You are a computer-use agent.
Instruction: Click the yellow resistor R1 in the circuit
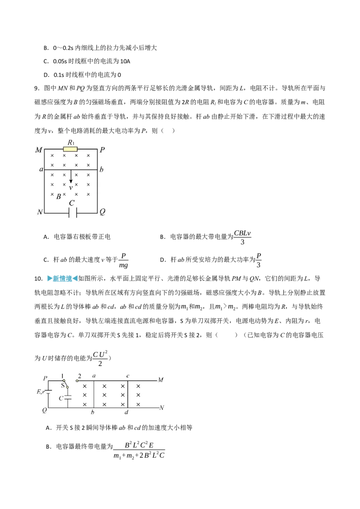[x=71, y=149]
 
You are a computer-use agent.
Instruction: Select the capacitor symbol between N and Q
[x=72, y=213]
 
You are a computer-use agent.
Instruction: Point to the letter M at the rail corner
[x=39, y=150]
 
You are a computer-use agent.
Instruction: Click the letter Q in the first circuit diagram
[x=102, y=212]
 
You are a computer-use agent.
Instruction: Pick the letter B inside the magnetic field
[x=58, y=196]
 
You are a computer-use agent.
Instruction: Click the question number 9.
[x=37, y=88]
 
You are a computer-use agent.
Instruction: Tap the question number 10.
[x=38, y=278]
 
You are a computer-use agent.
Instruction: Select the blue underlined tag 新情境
[x=62, y=278]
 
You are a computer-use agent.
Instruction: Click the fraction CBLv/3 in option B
[x=243, y=237]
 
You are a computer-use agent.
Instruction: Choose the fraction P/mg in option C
[x=123, y=260]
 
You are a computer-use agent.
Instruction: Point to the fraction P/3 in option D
[x=259, y=260]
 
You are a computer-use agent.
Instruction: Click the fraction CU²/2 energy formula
[x=100, y=359]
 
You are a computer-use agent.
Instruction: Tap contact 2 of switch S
[x=77, y=380]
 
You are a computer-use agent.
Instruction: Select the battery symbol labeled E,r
[x=49, y=392]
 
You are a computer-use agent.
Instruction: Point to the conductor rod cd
[x=128, y=394]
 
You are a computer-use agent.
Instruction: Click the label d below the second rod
[x=126, y=413]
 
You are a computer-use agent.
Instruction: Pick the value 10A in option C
[x=125, y=61]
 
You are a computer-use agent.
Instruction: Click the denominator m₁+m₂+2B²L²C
[x=139, y=456]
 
